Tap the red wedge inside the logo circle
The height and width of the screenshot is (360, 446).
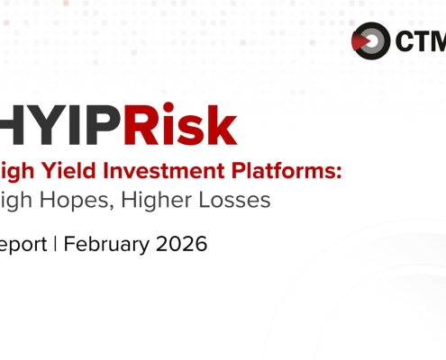[x=363, y=41]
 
